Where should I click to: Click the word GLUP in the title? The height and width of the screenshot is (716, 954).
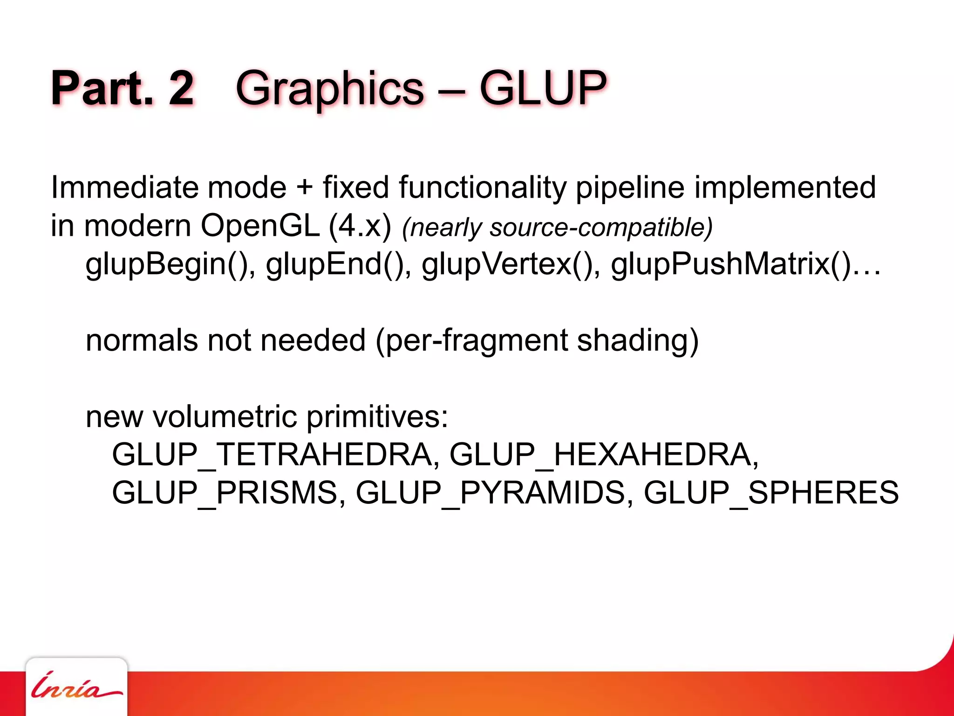(x=543, y=88)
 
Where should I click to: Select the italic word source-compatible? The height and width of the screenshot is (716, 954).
(x=600, y=228)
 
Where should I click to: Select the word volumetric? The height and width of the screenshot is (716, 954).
(x=225, y=416)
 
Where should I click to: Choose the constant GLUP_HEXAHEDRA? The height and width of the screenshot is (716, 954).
(x=603, y=454)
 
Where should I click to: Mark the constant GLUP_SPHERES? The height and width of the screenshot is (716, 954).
(x=771, y=493)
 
